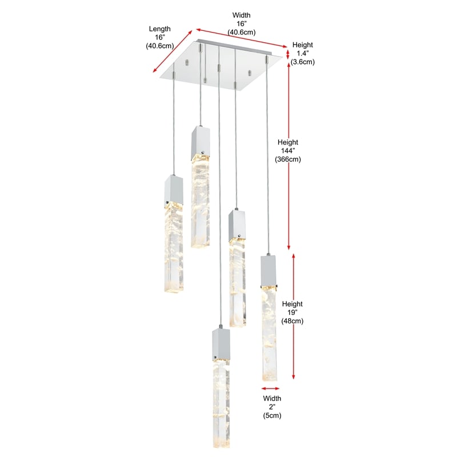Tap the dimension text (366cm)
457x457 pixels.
pyautogui.click(x=288, y=159)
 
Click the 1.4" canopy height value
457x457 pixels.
pyautogui.click(x=303, y=53)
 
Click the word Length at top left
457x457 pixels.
pyautogui.click(x=160, y=29)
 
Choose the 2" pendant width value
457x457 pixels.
pyautogui.click(x=272, y=407)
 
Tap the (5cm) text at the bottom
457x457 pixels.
pyautogui.click(x=272, y=416)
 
